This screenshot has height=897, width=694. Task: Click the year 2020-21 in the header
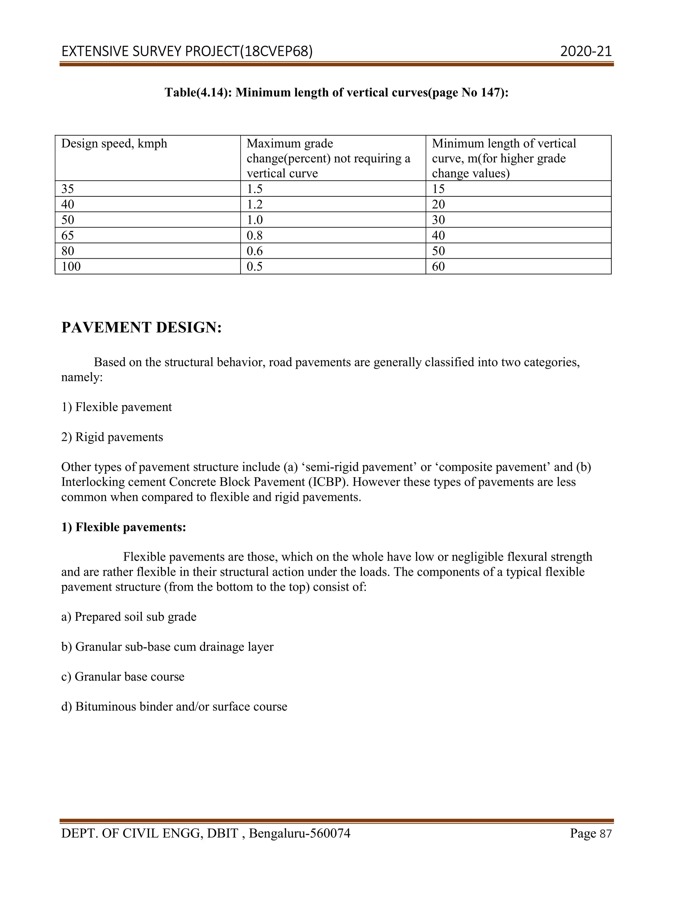click(x=586, y=51)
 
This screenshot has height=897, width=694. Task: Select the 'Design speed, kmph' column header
click(x=114, y=144)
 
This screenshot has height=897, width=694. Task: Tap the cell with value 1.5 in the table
click(x=254, y=189)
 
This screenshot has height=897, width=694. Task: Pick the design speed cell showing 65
click(x=68, y=235)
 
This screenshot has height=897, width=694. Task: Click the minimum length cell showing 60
click(x=438, y=266)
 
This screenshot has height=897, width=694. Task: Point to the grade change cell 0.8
click(x=254, y=235)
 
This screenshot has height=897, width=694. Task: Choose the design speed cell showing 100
click(x=71, y=266)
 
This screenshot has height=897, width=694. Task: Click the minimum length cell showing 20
click(x=438, y=204)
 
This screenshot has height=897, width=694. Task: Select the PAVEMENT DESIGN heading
click(x=141, y=327)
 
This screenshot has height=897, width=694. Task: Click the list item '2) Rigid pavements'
click(x=112, y=437)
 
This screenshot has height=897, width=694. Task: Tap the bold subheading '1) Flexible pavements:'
click(x=123, y=527)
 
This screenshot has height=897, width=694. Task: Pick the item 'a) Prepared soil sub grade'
click(x=129, y=617)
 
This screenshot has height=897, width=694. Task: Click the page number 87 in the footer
click(x=606, y=834)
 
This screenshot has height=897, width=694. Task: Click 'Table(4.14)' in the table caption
click(x=197, y=92)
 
